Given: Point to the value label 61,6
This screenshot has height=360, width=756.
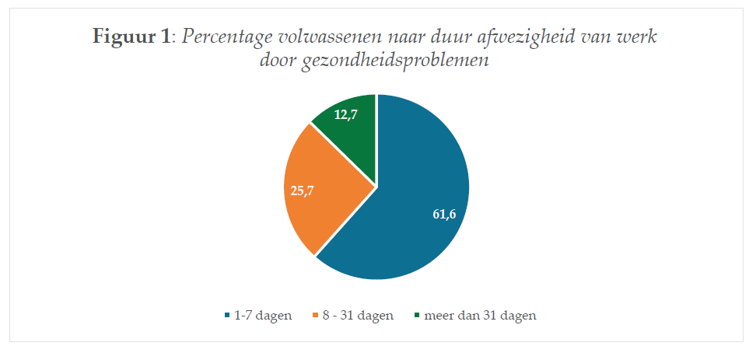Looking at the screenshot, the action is click(444, 215).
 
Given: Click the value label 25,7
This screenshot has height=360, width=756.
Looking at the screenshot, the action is click(303, 190).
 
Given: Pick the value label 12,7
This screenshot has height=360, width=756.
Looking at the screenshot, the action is click(345, 115).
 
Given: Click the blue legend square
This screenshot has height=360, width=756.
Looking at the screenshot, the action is click(227, 316).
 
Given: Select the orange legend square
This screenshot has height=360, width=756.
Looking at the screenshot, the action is click(316, 316).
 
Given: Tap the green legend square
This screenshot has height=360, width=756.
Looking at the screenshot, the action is click(417, 316).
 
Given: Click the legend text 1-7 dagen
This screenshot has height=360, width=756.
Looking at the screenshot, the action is click(263, 316).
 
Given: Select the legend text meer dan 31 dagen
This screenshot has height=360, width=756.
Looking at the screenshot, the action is click(480, 316).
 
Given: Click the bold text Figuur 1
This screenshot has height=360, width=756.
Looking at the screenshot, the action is click(131, 37).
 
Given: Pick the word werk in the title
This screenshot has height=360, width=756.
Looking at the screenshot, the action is click(639, 37).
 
